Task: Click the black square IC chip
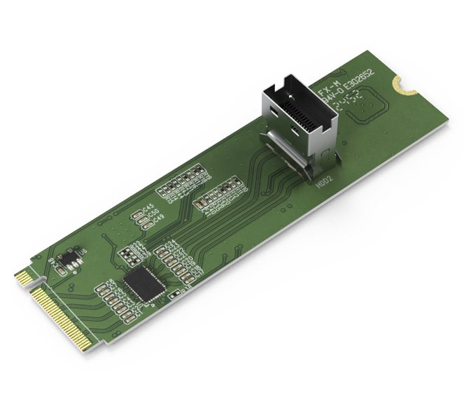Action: tap(144, 283)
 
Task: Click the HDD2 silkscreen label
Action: tap(325, 180)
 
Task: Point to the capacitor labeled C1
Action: tap(105, 288)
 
